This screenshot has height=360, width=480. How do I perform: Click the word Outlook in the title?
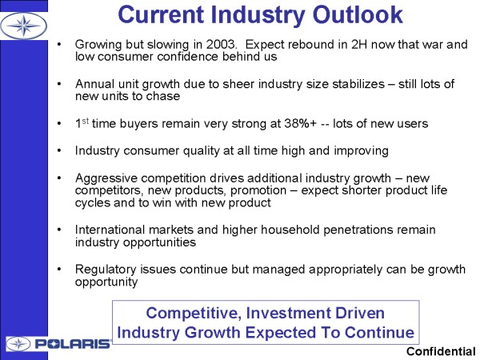(358, 14)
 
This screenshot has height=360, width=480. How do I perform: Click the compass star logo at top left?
(23, 26)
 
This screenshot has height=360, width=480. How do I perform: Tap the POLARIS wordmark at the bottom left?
(73, 344)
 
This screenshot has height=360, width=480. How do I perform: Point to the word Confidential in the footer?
(441, 352)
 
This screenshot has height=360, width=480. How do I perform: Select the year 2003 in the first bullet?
(221, 44)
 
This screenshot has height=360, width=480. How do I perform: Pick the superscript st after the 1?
(85, 121)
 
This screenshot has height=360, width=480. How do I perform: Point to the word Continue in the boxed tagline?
(379, 333)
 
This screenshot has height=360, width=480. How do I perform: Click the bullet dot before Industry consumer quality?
(59, 150)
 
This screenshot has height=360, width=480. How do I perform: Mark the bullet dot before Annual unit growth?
(59, 84)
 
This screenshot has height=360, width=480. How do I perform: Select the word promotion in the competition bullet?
(258, 190)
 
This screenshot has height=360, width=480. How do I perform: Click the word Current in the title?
(161, 14)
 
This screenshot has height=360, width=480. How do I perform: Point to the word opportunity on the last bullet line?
(106, 282)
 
